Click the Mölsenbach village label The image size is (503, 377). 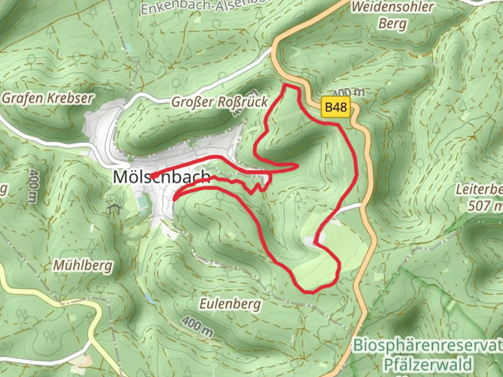(161, 177)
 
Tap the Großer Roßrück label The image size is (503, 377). (219, 102)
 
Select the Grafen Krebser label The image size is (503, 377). (48, 98)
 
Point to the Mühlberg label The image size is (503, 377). (83, 266)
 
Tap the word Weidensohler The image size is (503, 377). (392, 7)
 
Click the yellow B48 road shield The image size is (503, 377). (336, 107)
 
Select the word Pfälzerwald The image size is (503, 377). (428, 364)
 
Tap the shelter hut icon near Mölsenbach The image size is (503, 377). (115, 209)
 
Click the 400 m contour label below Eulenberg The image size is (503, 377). (197, 326)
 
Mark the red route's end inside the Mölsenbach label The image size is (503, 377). (153, 177)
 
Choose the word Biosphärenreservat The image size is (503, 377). (428, 346)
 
